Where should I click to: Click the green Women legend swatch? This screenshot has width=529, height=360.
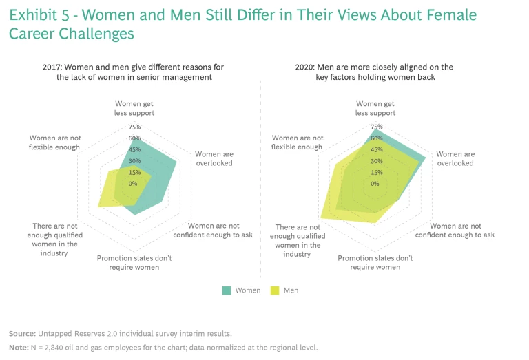click(227, 290)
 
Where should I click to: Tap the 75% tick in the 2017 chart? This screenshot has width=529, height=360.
click(134, 127)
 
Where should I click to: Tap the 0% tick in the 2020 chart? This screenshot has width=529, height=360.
click(375, 184)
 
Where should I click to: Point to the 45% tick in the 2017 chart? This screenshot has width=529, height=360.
click(134, 149)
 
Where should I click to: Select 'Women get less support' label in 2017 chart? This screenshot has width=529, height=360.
click(134, 108)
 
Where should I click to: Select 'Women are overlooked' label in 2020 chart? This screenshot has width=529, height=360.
click(455, 158)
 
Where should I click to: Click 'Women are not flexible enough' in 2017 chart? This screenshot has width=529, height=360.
click(54, 142)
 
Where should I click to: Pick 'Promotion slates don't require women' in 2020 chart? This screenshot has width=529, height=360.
click(375, 262)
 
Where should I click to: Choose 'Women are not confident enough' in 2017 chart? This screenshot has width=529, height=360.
click(213, 230)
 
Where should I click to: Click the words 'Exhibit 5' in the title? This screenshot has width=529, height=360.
click(37, 14)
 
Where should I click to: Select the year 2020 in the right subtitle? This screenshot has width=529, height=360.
click(305, 67)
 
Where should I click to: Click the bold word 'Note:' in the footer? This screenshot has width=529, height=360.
click(19, 347)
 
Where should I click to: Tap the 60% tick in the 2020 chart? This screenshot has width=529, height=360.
click(375, 138)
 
